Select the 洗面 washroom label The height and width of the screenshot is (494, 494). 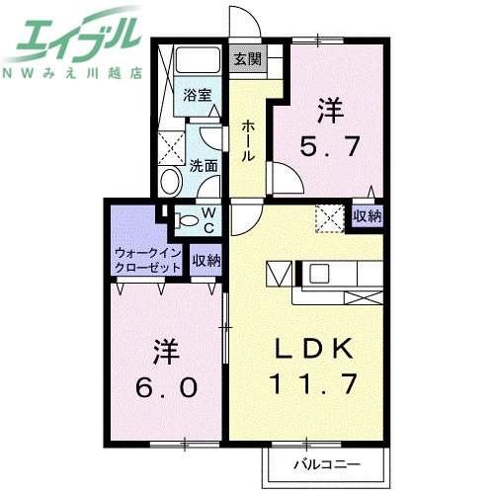pos(204,166)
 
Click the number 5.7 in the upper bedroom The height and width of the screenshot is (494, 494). pos(328,149)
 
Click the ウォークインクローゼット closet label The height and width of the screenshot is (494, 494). pos(147,261)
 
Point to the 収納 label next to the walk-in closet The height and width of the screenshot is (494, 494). pos(206,261)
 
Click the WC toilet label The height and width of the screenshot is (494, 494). pos(209,219)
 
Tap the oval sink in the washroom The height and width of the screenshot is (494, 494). pos(169,181)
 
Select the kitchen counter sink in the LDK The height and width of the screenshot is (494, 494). pos(322,273)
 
